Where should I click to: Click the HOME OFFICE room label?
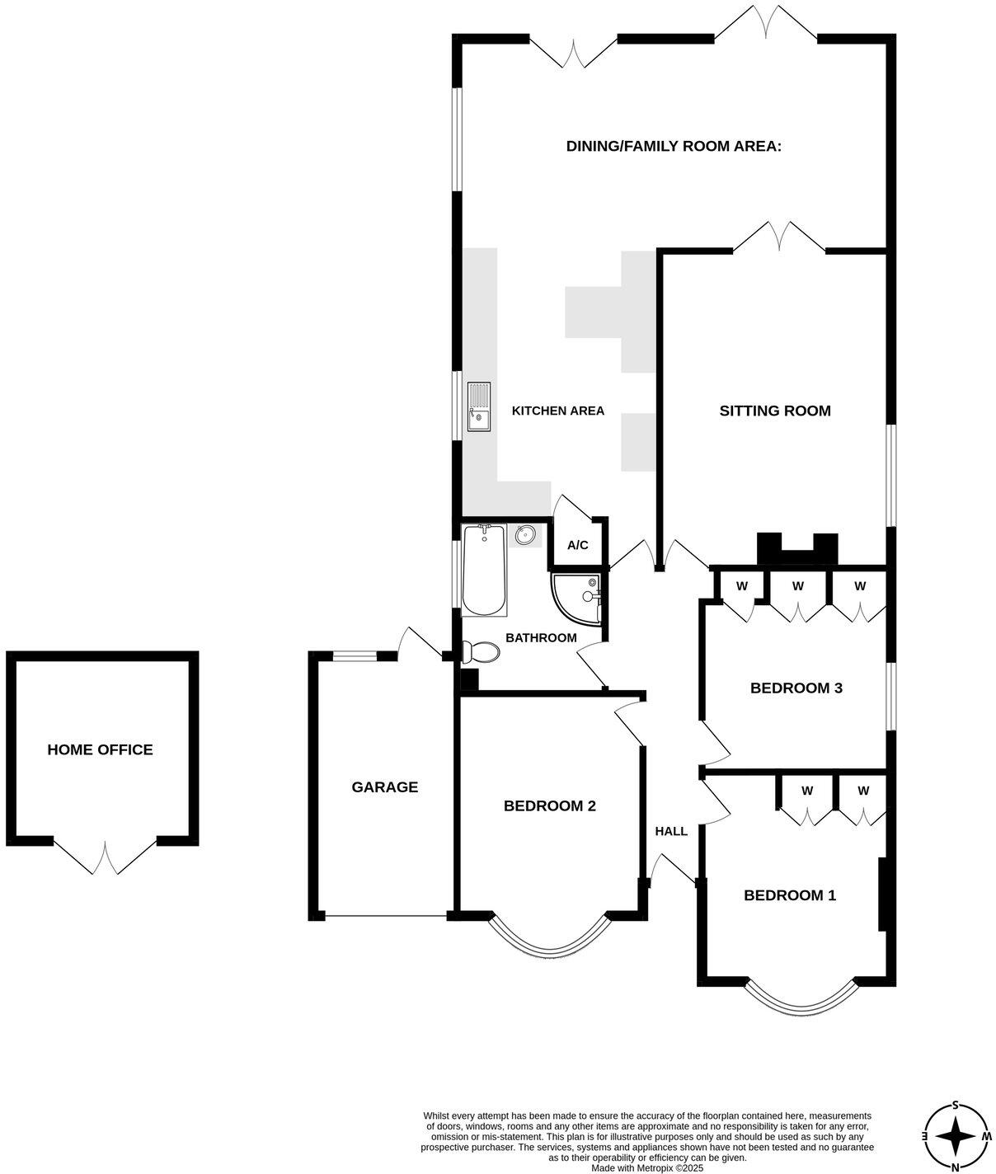[x=100, y=749]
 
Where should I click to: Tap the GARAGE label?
[x=385, y=787]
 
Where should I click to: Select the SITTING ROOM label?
[x=775, y=411]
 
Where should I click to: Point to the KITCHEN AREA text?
[x=558, y=411]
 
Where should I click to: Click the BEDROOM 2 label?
[x=550, y=805]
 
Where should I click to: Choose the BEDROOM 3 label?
[x=796, y=688]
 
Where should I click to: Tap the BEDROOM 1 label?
[x=790, y=895]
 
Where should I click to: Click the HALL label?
[x=671, y=831]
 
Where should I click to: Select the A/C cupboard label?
[x=578, y=545]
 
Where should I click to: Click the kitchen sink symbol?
[x=479, y=406]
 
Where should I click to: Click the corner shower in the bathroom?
[x=577, y=599]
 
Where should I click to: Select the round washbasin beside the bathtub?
[x=525, y=536]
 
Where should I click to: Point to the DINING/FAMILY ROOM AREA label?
[x=674, y=146]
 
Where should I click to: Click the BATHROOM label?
[x=541, y=637]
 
